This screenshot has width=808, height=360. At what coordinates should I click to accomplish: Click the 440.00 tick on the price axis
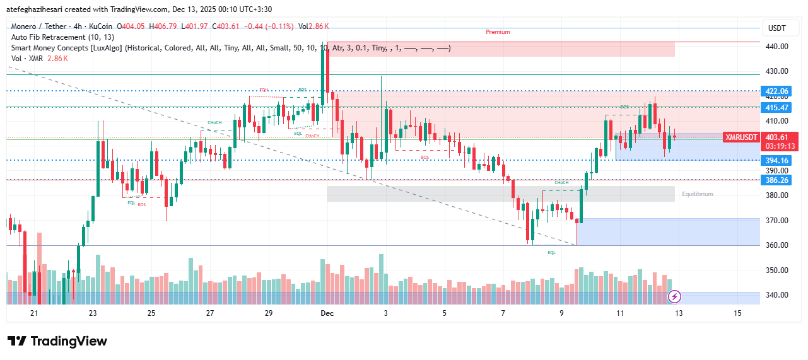pos(777,46)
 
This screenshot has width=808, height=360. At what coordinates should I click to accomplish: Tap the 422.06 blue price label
pos(777,91)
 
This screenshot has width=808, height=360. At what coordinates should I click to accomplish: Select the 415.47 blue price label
pos(777,108)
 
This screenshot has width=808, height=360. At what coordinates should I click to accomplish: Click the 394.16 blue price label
pos(777,160)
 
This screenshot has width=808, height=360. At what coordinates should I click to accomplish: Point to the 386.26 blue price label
pos(777,180)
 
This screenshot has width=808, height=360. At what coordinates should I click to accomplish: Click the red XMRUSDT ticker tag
pos(741,137)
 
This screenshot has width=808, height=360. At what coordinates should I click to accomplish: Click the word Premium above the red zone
pos(498,32)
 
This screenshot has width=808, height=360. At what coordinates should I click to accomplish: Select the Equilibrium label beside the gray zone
pos(698,194)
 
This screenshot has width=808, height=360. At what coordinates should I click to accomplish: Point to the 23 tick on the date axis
pos(93,313)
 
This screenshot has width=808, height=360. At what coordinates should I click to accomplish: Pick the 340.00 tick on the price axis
pos(777,294)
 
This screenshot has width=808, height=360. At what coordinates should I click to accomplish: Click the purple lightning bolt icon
pos(674,296)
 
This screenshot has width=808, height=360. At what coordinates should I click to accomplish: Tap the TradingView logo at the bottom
pos(57,341)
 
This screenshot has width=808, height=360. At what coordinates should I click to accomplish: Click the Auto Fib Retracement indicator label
pos(63,37)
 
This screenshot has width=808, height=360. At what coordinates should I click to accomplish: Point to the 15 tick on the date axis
pos(737,313)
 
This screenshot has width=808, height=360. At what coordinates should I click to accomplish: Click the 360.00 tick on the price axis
pos(777,245)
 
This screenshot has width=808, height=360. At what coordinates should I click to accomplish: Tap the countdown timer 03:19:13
pos(780,146)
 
